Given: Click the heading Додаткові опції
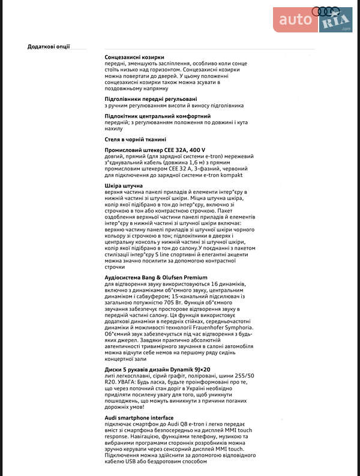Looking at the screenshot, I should pos(49,46).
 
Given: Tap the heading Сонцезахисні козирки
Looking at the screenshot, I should pos(134,57).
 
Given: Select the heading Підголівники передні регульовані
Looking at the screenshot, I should pos(151,98).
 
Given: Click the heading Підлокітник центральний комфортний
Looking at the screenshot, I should pos(157,116).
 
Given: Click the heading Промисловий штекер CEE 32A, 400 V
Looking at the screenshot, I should pos(155,150).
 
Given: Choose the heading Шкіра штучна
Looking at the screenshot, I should pos(124,185).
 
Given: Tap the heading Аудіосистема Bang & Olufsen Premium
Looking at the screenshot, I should pos(156,277).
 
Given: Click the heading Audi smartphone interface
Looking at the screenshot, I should pos(139,418).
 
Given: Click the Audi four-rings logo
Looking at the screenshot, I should pos(326,11).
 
